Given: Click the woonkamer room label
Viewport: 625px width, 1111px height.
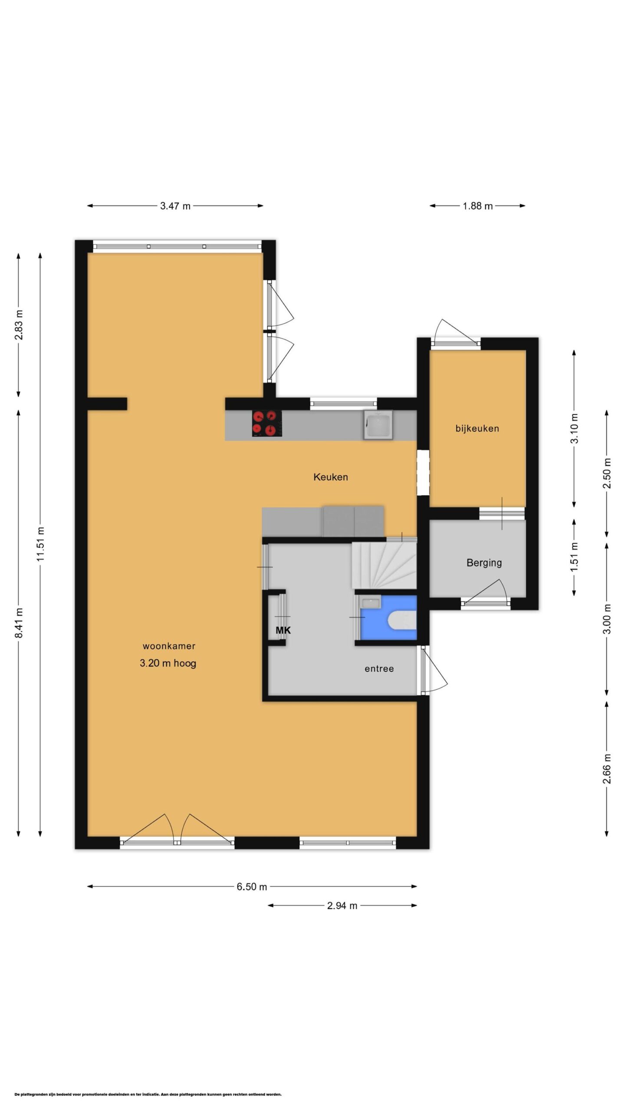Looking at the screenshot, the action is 169,646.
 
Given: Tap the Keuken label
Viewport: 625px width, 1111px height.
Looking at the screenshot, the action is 331,477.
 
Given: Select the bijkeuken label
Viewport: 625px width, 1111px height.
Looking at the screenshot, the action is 477,428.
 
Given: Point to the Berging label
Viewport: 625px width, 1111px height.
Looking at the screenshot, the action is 484,563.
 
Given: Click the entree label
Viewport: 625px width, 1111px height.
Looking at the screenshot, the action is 379,669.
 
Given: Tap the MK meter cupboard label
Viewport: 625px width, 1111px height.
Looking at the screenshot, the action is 283,630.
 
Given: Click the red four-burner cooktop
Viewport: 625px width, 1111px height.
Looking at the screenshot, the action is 267,423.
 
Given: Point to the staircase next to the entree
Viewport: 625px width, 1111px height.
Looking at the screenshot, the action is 384,565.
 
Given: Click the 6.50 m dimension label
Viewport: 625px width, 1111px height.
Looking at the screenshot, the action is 252,887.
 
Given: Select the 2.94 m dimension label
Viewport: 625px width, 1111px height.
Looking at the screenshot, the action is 342,905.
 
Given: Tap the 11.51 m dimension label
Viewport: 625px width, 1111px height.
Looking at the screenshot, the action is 41,544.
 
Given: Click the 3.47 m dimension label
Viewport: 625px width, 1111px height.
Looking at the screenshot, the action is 175,206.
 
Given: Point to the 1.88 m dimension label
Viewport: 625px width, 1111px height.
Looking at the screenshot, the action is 477,206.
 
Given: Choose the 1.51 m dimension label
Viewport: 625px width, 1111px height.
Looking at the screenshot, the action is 575,557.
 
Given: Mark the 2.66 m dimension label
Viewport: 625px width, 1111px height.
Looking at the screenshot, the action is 607,768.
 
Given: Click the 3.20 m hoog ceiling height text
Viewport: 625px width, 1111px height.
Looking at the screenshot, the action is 168,663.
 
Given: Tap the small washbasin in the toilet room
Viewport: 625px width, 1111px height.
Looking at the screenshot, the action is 371,602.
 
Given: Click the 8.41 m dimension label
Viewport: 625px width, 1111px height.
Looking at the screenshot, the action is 19,623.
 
